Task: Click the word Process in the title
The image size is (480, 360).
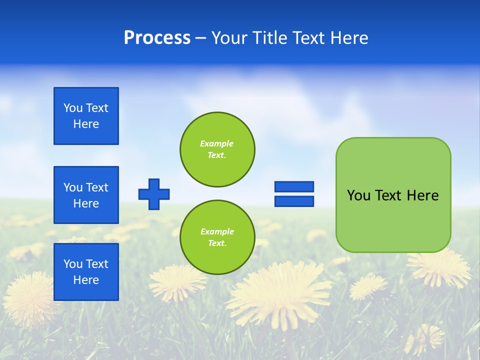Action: click(157, 38)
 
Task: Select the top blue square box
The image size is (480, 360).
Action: click(86, 116)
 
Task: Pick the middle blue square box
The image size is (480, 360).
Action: click(86, 195)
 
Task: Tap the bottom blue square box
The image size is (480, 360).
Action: click(86, 272)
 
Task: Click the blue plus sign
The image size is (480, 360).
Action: click(154, 194)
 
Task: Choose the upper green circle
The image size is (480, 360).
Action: click(217, 149)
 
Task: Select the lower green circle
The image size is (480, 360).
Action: click(217, 237)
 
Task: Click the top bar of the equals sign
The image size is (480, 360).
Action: click(294, 186)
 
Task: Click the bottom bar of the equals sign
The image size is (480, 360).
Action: click(294, 201)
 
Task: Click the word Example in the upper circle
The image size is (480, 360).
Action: click(216, 143)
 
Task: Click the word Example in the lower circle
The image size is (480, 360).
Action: click(217, 231)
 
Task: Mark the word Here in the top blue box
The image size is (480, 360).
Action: click(86, 124)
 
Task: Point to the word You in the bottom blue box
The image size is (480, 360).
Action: click(73, 264)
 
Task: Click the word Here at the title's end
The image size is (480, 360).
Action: click(348, 38)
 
